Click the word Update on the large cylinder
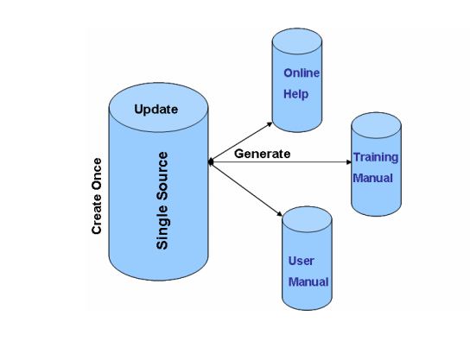(156, 110)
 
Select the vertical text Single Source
(162, 200)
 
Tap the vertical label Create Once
(97, 196)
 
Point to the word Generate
(263, 154)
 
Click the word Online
(302, 73)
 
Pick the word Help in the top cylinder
(295, 94)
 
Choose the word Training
(376, 157)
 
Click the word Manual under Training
(372, 178)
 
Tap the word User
(301, 261)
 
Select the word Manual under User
(308, 282)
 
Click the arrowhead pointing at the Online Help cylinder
(270, 123)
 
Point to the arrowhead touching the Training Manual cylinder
(348, 162)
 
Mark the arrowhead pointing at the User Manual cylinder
(279, 214)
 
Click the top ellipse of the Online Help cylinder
(297, 41)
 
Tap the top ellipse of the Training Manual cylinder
(376, 125)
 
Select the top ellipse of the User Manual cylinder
(307, 219)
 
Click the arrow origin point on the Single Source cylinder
(211, 162)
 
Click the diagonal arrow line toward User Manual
(245, 188)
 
